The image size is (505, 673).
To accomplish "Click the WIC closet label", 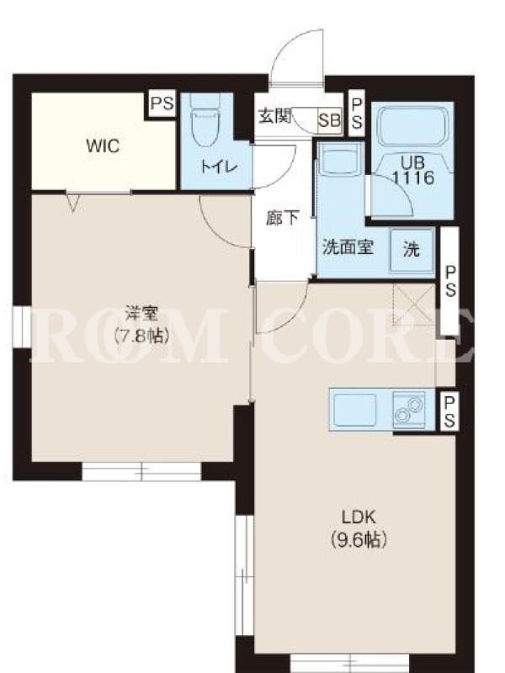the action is [x=103, y=146].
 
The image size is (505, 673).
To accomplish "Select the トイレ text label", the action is [x=219, y=167].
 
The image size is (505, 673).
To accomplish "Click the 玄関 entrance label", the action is [x=275, y=116].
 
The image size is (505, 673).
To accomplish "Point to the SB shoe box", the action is [x=329, y=120].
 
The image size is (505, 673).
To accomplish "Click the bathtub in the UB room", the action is [x=412, y=125].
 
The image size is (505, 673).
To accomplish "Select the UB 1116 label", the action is [x=413, y=171].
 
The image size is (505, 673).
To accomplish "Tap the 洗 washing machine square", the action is [x=412, y=250].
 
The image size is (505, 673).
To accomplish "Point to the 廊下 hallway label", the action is [x=282, y=218].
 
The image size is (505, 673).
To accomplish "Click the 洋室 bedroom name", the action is [x=141, y=314].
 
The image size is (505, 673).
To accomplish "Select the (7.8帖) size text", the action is [x=141, y=336].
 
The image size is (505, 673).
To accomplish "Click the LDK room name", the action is [x=359, y=517].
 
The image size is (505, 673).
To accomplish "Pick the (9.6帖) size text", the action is [x=359, y=539].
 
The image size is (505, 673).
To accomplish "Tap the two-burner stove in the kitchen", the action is [x=408, y=410].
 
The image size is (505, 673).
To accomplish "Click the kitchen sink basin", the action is [x=354, y=409].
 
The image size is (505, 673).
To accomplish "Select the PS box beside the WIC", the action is [x=162, y=103].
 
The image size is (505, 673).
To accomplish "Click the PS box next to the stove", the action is [x=449, y=411].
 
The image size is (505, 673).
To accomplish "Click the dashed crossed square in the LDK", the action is [x=414, y=305].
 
